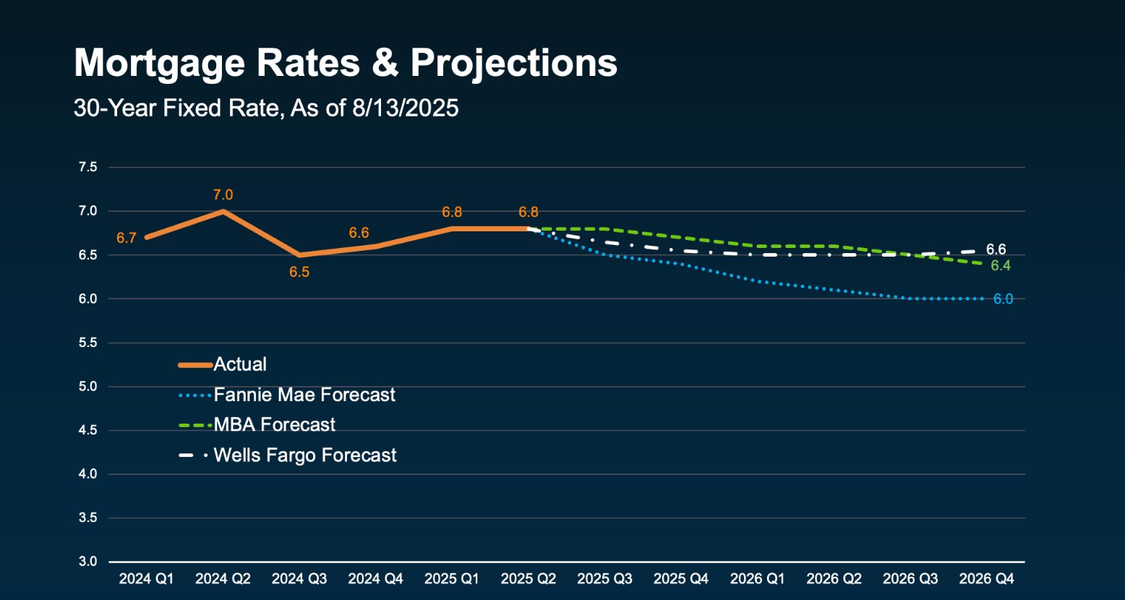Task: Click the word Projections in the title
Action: [513, 63]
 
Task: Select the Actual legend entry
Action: [240, 364]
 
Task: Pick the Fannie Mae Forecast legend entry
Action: [304, 395]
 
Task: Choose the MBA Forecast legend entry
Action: [274, 425]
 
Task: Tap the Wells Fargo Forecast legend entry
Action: [305, 455]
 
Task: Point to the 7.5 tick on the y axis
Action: [87, 168]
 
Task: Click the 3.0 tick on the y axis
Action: [87, 562]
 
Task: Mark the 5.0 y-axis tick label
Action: [87, 387]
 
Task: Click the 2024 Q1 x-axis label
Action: [146, 579]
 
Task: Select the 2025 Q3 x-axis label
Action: [604, 579]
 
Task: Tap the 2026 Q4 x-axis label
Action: [986, 579]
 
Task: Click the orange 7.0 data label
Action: [223, 195]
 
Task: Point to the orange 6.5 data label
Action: [299, 273]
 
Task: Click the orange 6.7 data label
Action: [127, 238]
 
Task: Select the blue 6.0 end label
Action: [1003, 299]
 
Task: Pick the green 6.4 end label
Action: [1001, 266]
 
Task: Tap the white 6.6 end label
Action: [996, 250]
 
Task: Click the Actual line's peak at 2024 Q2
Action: [223, 211]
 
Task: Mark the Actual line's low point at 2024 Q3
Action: [299, 255]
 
